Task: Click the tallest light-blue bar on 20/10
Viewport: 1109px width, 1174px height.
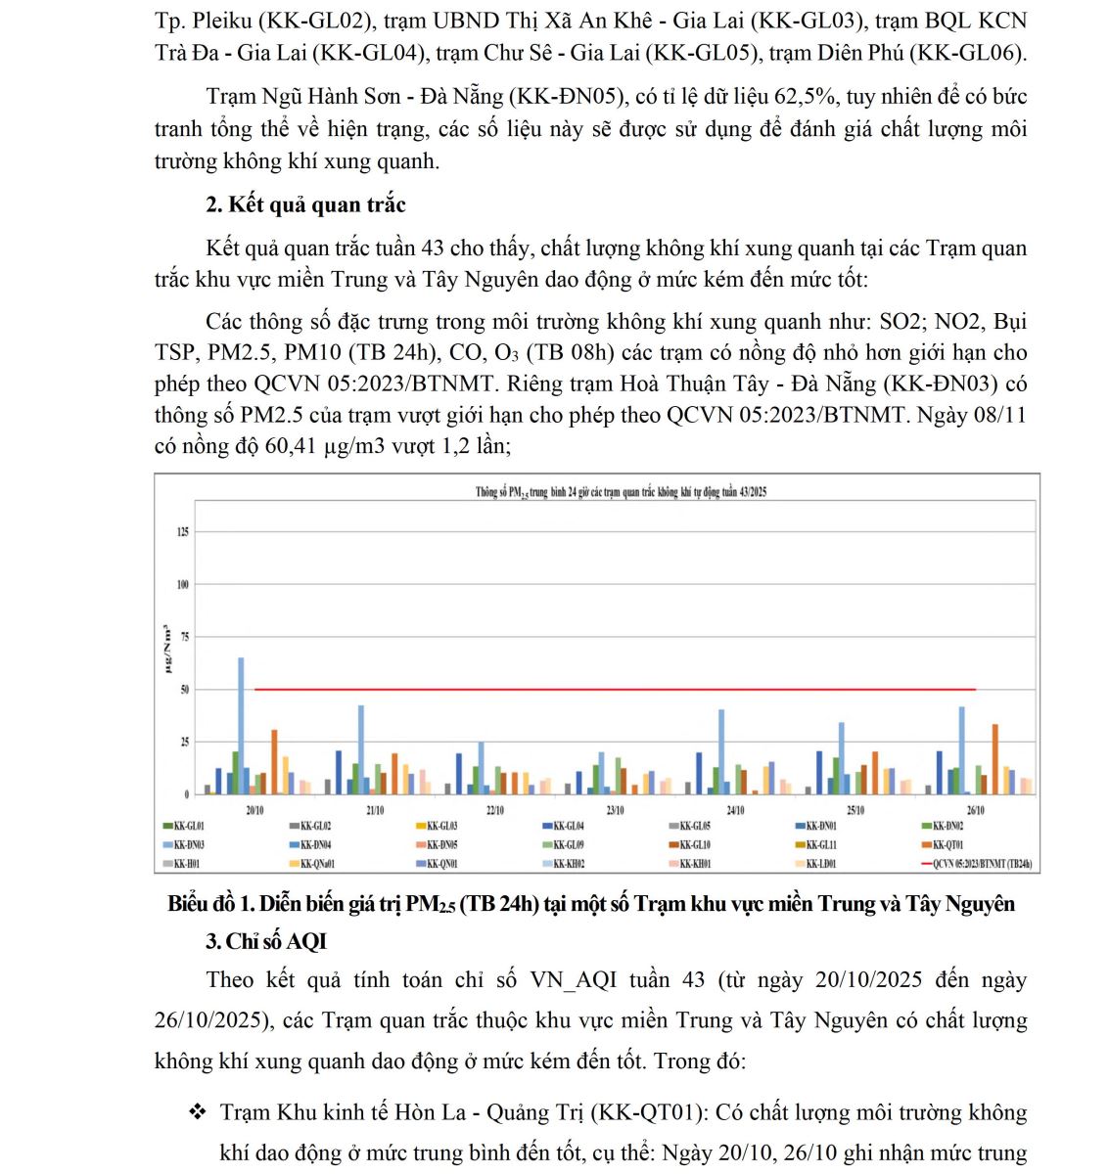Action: (x=241, y=725)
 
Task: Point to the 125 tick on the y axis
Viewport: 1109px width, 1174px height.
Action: (x=183, y=532)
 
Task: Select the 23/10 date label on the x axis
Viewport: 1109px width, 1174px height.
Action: (x=615, y=811)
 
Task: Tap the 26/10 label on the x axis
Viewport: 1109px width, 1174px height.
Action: (x=975, y=811)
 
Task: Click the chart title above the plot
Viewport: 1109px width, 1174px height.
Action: (x=621, y=492)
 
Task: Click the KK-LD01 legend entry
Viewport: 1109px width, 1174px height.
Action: (x=820, y=864)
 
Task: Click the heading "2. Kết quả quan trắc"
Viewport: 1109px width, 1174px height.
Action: (x=305, y=204)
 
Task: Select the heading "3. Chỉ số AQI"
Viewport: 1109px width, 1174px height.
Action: (x=265, y=941)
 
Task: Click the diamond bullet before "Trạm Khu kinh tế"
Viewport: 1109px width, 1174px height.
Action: (x=199, y=1112)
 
